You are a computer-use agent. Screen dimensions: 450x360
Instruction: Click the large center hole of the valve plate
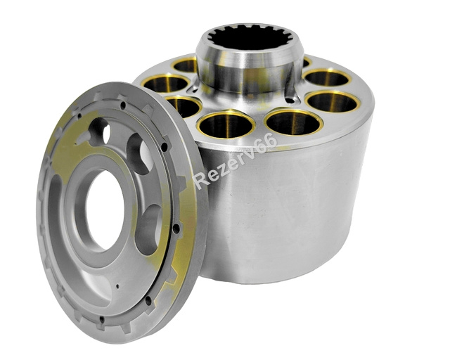(x=105, y=210)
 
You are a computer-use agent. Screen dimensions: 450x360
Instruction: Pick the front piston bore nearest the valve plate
(x=226, y=124)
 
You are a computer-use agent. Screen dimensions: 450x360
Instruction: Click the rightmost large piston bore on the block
(x=333, y=101)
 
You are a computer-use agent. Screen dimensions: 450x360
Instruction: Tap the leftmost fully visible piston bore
(x=166, y=83)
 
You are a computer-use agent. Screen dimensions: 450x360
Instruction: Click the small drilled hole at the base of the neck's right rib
(x=290, y=101)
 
